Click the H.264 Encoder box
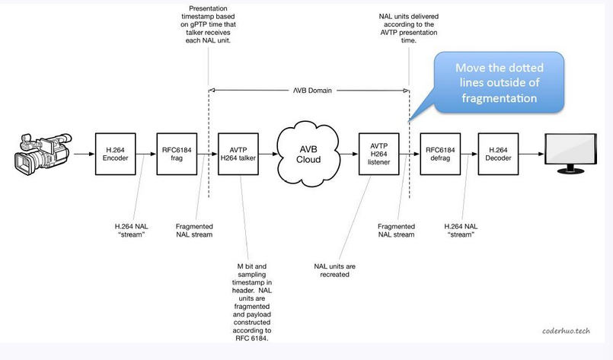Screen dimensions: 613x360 pos(115,154)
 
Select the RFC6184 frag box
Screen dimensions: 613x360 pos(177,154)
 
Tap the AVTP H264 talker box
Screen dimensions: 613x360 pos(238,154)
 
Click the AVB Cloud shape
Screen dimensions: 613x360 pos(308,154)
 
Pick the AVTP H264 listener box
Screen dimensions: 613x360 pos(378,154)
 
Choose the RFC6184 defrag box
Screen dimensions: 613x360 pos(440,154)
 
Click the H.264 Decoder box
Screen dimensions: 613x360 pos(498,154)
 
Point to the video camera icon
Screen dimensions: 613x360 pos(43,154)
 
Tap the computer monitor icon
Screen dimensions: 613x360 pos(571,153)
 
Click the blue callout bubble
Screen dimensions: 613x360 pos(499,83)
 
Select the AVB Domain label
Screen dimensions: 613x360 pos(312,91)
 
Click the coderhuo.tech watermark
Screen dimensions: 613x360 pos(566,330)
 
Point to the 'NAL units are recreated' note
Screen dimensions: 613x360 pos(334,270)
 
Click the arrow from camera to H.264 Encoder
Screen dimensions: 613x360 pos(84,154)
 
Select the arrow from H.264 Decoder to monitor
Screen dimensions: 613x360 pos(532,154)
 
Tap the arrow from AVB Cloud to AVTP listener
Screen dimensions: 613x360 pos(349,154)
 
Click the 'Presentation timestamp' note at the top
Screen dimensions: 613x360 pos(208,24)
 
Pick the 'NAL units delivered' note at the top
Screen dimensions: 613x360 pos(408,28)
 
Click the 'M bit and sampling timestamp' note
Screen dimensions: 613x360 pos(252,302)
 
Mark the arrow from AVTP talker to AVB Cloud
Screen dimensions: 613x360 pos(268,154)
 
